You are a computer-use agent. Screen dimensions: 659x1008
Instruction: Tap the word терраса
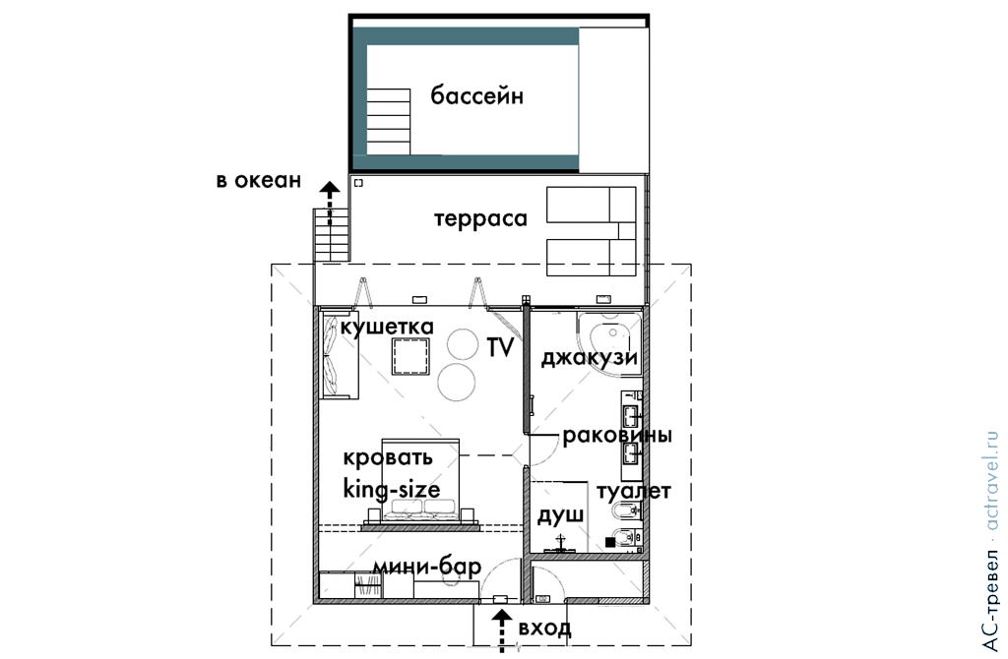coord(480,219)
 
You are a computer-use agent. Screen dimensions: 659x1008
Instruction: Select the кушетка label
coord(387,326)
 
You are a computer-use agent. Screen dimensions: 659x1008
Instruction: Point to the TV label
coord(501,346)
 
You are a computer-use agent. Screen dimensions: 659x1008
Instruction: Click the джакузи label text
coord(589,357)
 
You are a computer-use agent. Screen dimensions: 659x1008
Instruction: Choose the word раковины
coord(617,436)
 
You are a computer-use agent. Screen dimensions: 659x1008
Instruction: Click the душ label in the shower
coord(560,515)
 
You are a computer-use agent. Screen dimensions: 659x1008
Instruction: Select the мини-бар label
coord(426,567)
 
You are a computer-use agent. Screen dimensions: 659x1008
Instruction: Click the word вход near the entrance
coord(544,628)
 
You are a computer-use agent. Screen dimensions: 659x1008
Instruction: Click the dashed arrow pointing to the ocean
coord(330,207)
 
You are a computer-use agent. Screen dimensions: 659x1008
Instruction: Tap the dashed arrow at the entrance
coord(502,629)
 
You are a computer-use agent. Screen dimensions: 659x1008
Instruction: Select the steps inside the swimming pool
coord(388,122)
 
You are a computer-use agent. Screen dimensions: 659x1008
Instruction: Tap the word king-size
coord(391,488)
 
